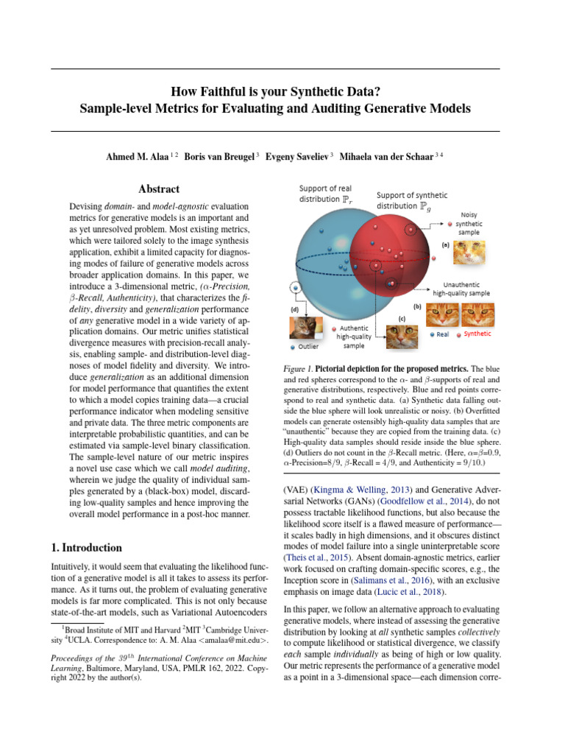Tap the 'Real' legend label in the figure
442,334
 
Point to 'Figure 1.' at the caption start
300,368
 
